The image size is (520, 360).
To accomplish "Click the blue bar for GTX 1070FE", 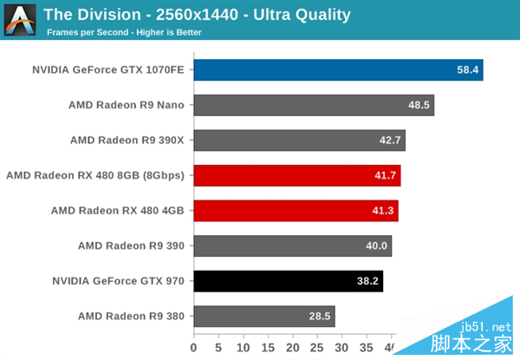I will (338, 69).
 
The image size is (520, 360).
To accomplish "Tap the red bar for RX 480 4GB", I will (296, 210).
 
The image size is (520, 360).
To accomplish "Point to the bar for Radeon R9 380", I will (263, 316).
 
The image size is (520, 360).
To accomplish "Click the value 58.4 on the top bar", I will (469, 69).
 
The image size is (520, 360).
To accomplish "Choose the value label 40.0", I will (377, 245).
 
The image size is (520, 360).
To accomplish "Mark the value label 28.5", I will (321, 316).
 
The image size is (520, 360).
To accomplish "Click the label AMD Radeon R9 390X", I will (127, 141).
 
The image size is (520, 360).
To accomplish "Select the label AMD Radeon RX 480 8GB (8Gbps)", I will (96, 175).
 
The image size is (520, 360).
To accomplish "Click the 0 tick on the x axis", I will (194, 349).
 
